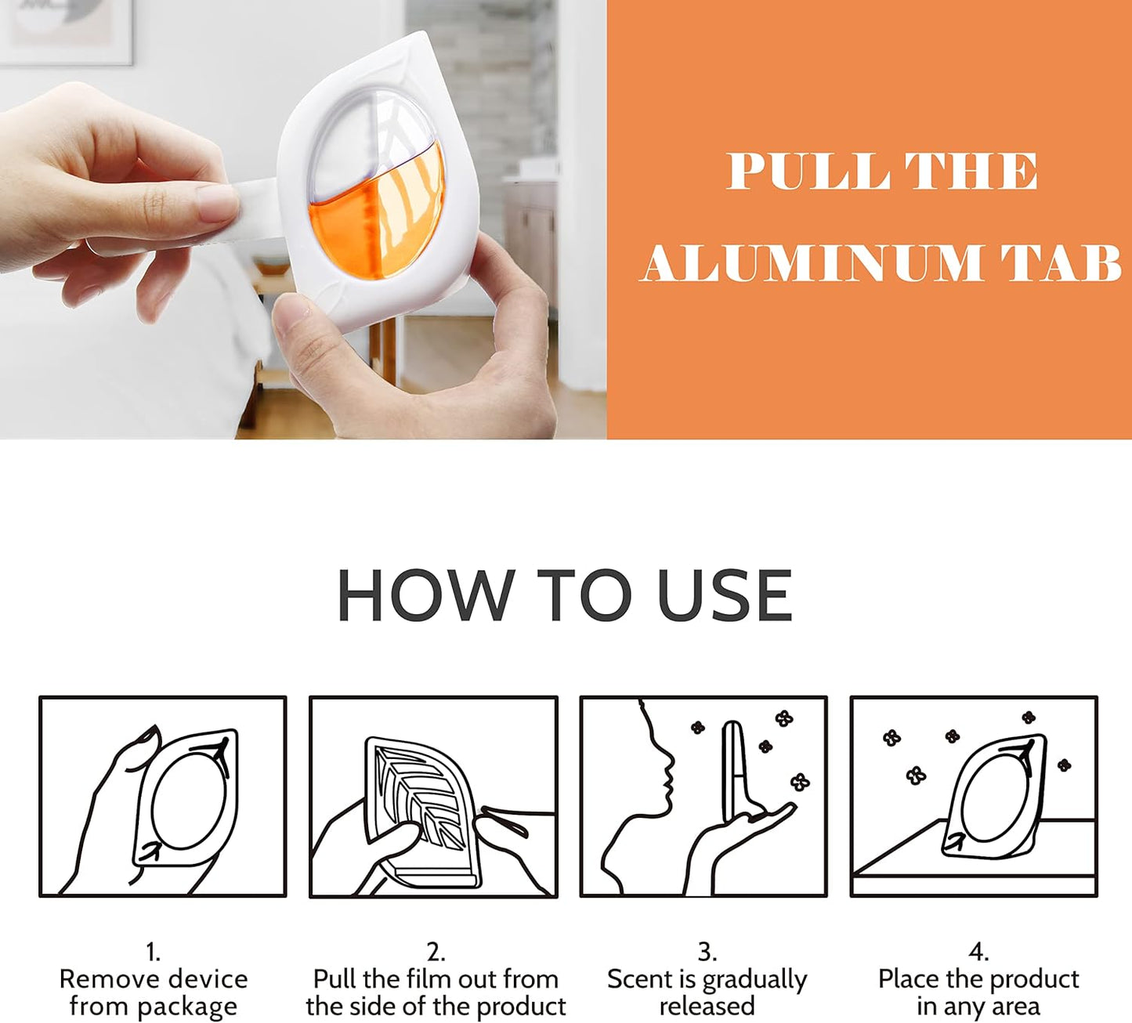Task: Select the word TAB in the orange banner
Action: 1061,262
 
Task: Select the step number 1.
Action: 154,953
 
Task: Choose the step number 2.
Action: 436,953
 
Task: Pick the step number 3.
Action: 707,953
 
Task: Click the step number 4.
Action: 978,953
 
